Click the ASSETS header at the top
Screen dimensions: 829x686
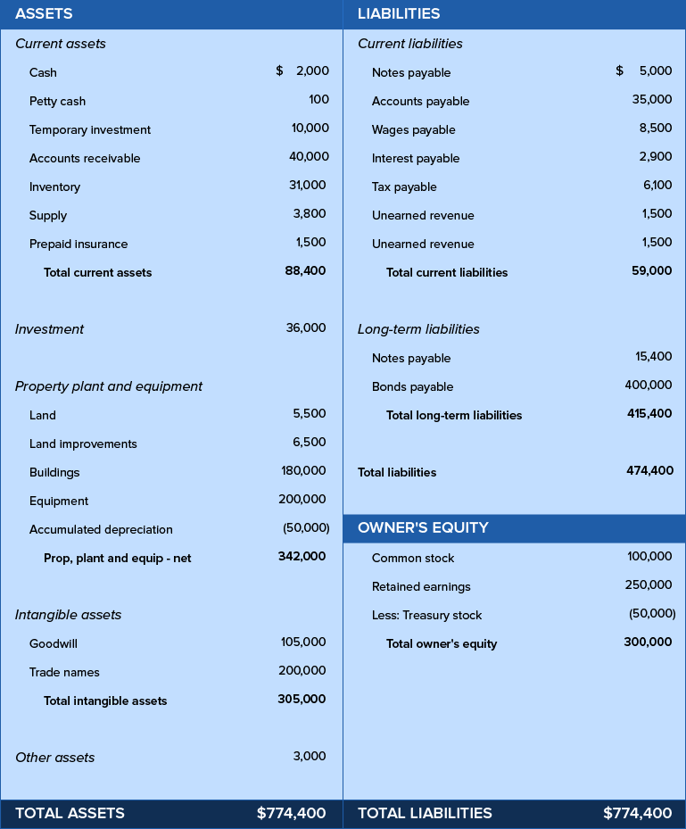pyautogui.click(x=44, y=13)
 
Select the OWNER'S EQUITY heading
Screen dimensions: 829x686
pyautogui.click(x=423, y=527)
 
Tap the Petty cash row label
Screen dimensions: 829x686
pyautogui.click(x=57, y=101)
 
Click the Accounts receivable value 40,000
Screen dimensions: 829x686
pyautogui.click(x=309, y=157)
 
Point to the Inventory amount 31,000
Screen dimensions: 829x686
pyautogui.click(x=309, y=186)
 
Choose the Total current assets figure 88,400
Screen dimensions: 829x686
pyautogui.click(x=305, y=271)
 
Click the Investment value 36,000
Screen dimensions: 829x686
pyautogui.click(x=306, y=327)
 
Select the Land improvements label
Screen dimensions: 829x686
pyautogui.click(x=83, y=444)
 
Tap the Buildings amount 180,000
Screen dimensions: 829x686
pyautogui.click(x=303, y=470)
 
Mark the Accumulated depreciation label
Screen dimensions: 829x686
pyautogui.click(x=101, y=529)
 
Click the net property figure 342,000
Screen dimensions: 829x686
pyautogui.click(x=302, y=556)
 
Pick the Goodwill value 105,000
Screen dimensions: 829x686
pyautogui.click(x=303, y=642)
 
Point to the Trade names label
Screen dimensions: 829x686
pyautogui.click(x=64, y=672)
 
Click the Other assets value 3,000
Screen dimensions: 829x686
pyautogui.click(x=310, y=756)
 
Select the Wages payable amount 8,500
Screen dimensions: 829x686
pyautogui.click(x=656, y=128)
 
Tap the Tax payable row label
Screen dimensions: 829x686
pyautogui.click(x=404, y=187)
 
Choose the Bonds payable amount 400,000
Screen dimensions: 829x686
pyautogui.click(x=649, y=385)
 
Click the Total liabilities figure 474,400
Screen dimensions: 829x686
pyautogui.click(x=649, y=470)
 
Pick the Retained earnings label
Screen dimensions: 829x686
pyautogui.click(x=421, y=586)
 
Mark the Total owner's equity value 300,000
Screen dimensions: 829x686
pyautogui.click(x=648, y=642)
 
